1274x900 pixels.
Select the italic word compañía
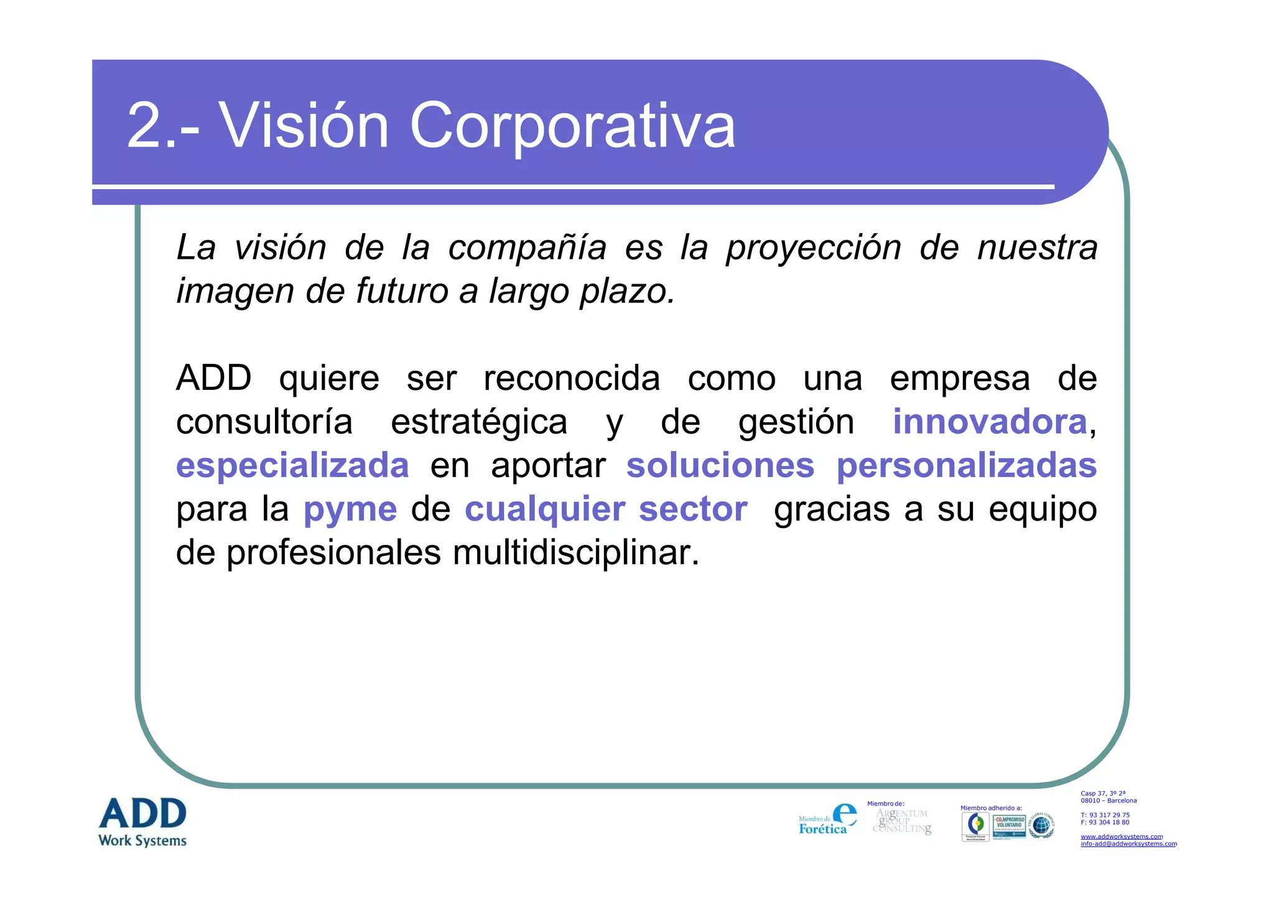coord(527,248)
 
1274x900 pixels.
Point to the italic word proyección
coord(814,248)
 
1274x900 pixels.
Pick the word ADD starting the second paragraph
coord(213,378)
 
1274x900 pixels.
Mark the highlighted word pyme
coord(350,509)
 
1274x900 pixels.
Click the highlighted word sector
coord(693,509)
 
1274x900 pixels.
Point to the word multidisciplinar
coord(575,552)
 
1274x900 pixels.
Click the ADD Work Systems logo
coord(143,822)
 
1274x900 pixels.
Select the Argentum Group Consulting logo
coord(902,822)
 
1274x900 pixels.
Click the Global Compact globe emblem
coord(1041,825)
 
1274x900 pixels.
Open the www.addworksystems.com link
coord(1121,837)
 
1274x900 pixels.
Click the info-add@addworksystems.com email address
coord(1128,844)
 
